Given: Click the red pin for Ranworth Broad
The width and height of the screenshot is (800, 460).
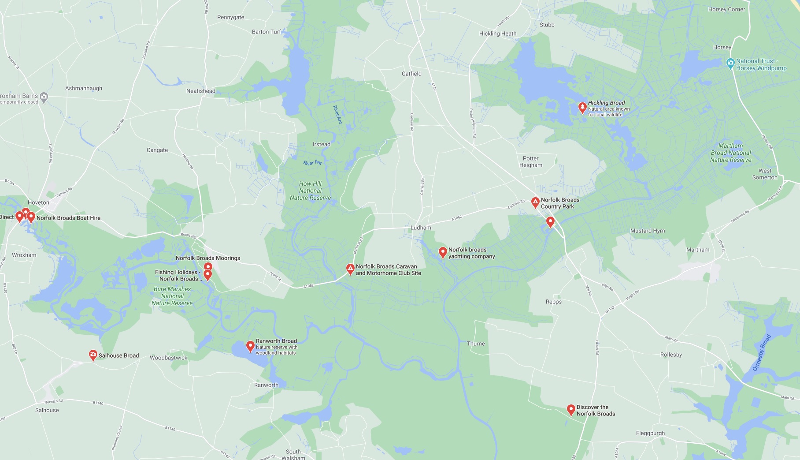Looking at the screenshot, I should pyautogui.click(x=250, y=346).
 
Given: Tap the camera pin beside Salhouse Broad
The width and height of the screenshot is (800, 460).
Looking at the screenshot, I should pyautogui.click(x=93, y=355).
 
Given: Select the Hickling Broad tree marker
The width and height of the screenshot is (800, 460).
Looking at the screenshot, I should pyautogui.click(x=582, y=107).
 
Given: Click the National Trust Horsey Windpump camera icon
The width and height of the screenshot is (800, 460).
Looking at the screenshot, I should pyautogui.click(x=730, y=64).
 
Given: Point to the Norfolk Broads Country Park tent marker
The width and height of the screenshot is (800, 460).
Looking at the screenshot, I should pyautogui.click(x=535, y=202).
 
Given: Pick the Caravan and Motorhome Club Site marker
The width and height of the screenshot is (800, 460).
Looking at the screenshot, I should pyautogui.click(x=350, y=269).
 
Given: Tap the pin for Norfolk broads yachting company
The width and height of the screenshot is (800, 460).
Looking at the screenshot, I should pyautogui.click(x=443, y=252).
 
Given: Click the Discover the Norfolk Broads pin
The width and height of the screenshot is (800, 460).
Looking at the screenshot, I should pyautogui.click(x=571, y=410).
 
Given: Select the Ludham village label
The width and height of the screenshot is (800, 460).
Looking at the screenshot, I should pyautogui.click(x=421, y=228).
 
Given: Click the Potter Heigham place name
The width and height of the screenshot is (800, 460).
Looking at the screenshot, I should pyautogui.click(x=531, y=162).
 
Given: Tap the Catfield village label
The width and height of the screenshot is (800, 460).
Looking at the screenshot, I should pyautogui.click(x=411, y=74).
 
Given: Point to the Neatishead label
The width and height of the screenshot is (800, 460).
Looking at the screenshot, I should pyautogui.click(x=201, y=91).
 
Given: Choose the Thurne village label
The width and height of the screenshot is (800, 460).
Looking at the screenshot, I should pyautogui.click(x=476, y=344).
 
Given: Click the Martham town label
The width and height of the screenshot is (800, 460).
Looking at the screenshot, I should pyautogui.click(x=698, y=250).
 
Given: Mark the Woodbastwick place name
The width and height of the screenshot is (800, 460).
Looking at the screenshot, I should pyautogui.click(x=168, y=358).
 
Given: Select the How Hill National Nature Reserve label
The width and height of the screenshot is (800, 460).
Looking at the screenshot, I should pyautogui.click(x=310, y=191).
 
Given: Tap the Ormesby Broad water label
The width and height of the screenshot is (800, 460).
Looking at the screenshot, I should pyautogui.click(x=762, y=352).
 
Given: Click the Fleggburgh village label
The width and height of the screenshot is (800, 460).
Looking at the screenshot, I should pyautogui.click(x=650, y=433).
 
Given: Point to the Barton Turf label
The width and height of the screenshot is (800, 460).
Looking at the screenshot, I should pyautogui.click(x=267, y=32).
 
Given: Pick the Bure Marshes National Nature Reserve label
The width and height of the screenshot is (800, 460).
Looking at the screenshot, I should pyautogui.click(x=172, y=296).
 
